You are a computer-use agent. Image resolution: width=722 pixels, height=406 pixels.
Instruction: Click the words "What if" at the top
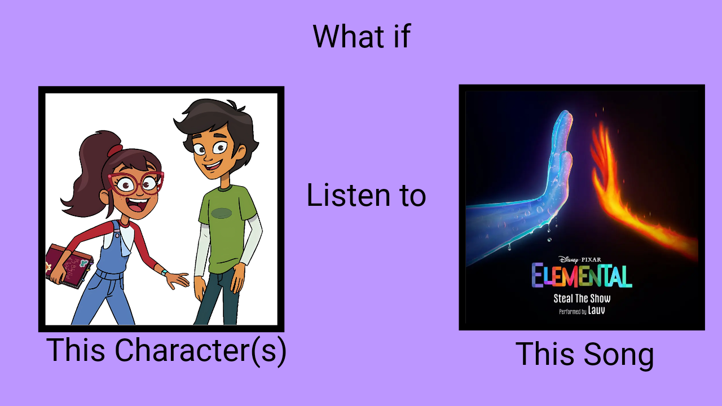pos(362,37)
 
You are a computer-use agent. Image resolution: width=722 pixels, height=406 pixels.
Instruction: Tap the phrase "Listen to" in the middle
pos(366,195)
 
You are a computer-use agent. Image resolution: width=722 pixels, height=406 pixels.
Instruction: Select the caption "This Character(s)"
pos(166,351)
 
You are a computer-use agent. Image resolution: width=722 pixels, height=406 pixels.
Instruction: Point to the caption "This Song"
pos(584,355)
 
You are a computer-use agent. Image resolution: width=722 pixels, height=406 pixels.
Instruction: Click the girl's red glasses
pos(136,184)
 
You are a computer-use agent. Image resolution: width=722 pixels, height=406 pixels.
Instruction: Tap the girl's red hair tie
pos(115,150)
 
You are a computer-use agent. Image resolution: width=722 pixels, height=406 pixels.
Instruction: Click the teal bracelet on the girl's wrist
pos(164,272)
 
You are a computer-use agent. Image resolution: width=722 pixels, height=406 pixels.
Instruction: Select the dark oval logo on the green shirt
pos(222,213)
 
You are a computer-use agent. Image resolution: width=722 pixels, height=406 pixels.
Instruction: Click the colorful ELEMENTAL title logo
pos(582,276)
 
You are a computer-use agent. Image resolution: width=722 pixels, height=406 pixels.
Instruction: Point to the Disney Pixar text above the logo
pos(580,259)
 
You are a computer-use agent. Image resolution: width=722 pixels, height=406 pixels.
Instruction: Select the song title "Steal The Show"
pos(582,298)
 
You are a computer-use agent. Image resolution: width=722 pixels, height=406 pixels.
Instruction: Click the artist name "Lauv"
pos(596,310)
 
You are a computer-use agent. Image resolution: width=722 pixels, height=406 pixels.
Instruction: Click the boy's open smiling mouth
pos(212,166)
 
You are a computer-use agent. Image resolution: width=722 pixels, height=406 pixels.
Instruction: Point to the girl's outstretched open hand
pos(177,280)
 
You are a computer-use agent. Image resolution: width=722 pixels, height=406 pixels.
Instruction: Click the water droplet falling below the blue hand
pos(549,240)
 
